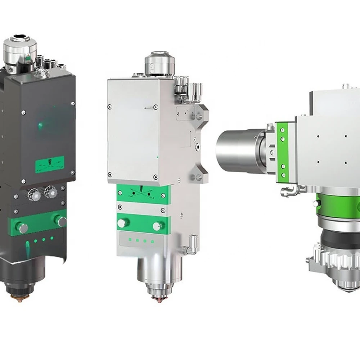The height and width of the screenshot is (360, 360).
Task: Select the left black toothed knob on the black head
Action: pyautogui.click(x=35, y=195)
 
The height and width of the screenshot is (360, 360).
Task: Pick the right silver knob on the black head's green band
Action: pyautogui.click(x=60, y=220)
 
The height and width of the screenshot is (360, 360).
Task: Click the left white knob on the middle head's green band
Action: pyautogui.click(x=123, y=223)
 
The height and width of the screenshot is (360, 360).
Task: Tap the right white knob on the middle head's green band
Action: pyautogui.click(x=157, y=226)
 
